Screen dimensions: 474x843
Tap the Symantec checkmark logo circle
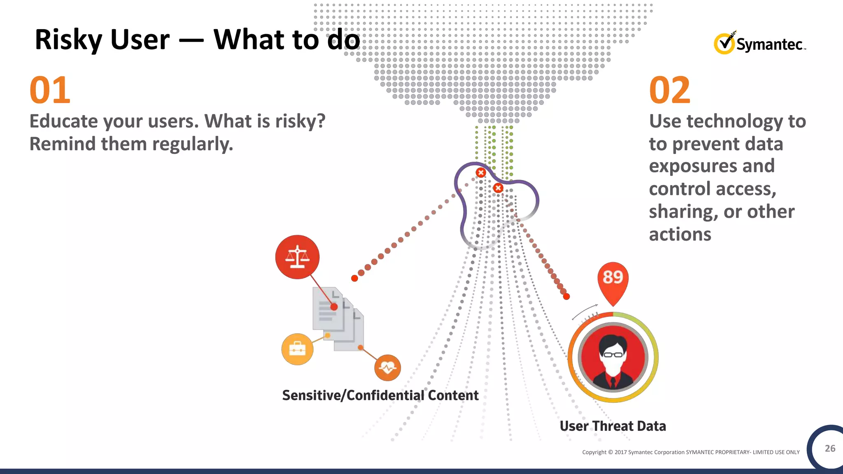(724, 44)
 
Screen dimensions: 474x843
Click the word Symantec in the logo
(769, 44)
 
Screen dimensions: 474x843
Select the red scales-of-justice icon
(297, 257)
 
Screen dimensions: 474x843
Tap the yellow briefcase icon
(297, 349)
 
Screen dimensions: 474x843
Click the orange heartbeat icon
(387, 367)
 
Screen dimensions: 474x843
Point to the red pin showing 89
(613, 280)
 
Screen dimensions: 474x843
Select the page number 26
(830, 448)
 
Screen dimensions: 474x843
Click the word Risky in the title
(68, 40)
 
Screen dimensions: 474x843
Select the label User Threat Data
(612, 426)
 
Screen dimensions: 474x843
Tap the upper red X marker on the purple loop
(480, 172)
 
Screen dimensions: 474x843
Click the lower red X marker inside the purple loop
(498, 188)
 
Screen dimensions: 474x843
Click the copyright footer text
(690, 452)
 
